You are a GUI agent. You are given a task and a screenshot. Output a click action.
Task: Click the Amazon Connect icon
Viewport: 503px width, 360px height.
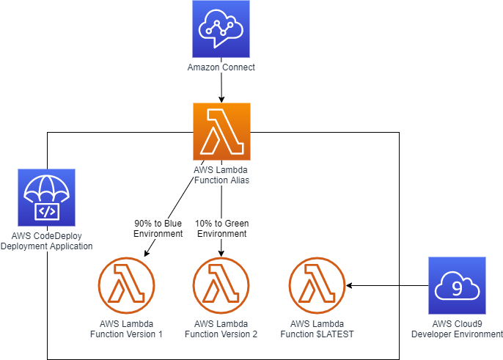221,29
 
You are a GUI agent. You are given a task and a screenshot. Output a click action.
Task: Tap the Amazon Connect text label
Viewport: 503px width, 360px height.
221,68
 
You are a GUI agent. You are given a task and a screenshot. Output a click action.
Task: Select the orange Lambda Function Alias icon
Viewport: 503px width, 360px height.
221,131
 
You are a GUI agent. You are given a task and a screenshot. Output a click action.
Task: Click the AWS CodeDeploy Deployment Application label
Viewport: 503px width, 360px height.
47,241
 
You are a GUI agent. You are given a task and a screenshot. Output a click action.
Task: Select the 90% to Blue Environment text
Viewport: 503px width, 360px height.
158,229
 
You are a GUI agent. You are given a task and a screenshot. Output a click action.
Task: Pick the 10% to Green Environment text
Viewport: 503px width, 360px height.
221,229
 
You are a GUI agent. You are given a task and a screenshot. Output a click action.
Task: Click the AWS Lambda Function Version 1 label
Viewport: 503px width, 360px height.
126,328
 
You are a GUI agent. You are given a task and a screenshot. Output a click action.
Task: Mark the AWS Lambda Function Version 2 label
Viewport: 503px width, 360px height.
221,328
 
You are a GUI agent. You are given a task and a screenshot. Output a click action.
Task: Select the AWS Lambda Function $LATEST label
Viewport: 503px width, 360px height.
317,328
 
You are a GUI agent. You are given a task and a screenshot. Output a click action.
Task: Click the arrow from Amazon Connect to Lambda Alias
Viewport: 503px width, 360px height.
221,88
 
